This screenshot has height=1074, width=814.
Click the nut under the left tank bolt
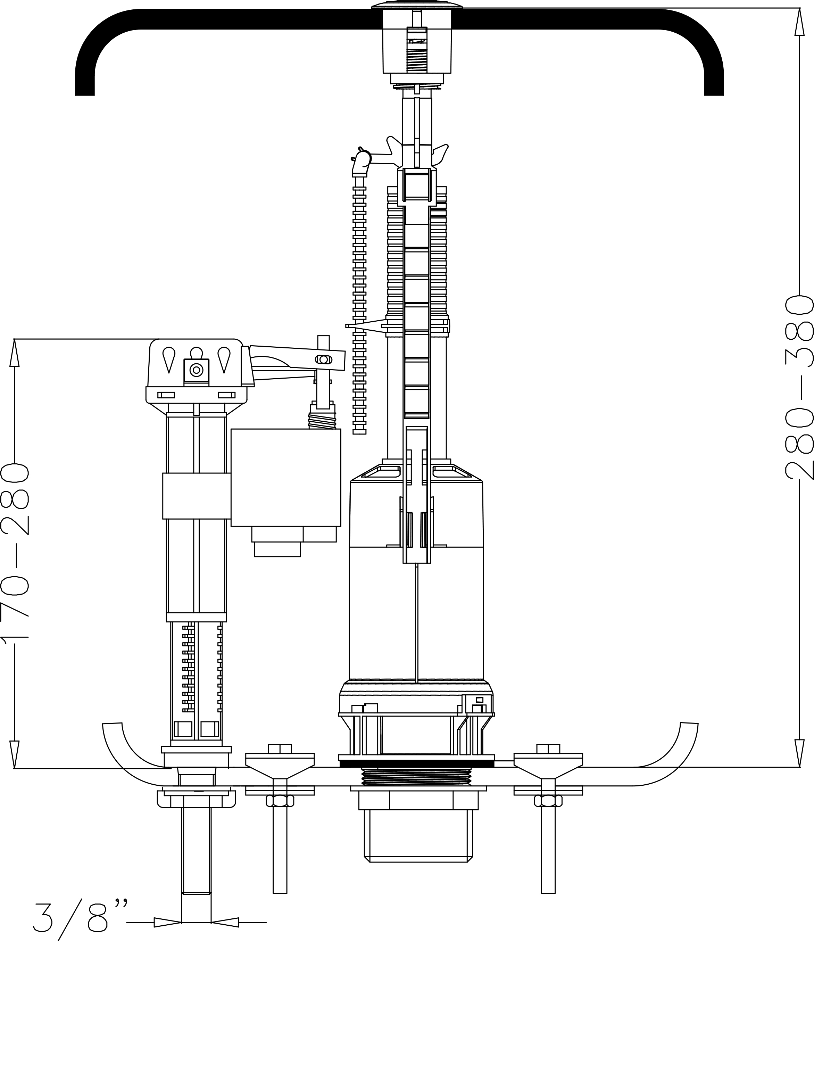tap(280, 801)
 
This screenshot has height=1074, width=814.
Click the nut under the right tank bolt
tap(548, 801)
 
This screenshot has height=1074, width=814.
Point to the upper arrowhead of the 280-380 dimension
tap(798, 22)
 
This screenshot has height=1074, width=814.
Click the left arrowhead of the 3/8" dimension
tap(167, 922)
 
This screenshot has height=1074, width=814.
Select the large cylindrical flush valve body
tap(416, 607)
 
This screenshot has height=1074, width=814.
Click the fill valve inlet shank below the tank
tap(196, 854)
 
